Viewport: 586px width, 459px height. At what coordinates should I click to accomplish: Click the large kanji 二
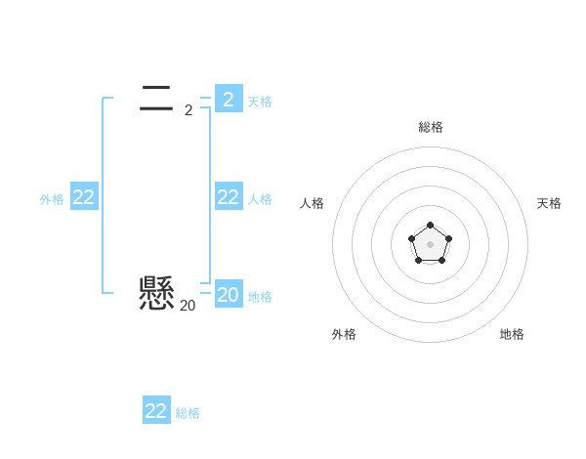156,96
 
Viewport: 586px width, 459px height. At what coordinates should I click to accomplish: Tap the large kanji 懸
156,292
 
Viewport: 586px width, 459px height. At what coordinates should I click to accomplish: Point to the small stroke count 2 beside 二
188,110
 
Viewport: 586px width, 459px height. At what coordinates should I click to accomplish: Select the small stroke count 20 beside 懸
187,306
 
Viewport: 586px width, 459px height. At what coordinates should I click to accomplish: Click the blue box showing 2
229,99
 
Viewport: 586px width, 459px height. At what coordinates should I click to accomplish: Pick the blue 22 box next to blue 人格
229,197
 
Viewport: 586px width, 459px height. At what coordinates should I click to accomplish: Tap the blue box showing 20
229,295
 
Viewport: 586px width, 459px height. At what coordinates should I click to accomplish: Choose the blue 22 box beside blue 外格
84,197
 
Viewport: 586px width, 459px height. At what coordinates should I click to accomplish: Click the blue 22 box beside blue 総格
156,411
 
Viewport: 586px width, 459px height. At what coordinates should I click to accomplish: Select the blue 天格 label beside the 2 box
260,102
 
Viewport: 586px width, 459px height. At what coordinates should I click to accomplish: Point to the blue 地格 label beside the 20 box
260,297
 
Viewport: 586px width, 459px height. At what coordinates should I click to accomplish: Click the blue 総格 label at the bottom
188,413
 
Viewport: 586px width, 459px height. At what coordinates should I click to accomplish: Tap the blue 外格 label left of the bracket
52,199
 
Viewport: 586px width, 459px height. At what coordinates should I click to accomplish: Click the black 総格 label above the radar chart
431,127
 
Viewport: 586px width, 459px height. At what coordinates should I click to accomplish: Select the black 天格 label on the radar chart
550,203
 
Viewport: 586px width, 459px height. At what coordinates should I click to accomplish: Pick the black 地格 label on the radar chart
512,334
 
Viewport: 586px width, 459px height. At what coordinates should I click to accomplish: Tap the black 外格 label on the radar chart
344,334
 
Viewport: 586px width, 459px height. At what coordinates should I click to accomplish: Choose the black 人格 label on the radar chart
313,203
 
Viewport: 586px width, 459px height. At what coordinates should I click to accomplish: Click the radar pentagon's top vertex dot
431,227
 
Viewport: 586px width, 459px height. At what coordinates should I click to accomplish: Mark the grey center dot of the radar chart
431,243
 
